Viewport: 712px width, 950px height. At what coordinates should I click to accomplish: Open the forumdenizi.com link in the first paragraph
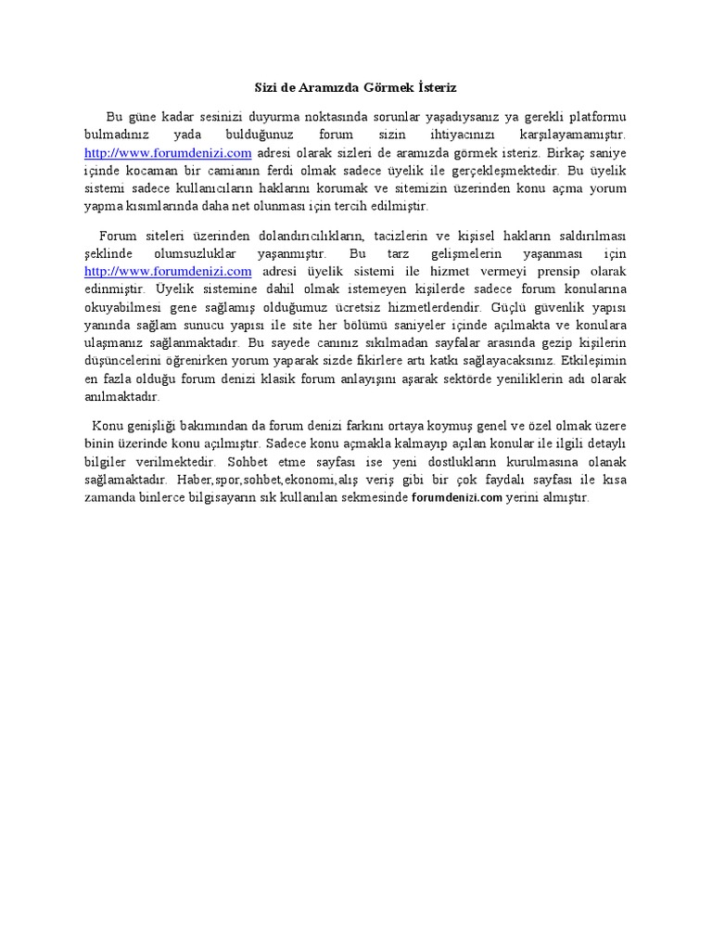coord(168,153)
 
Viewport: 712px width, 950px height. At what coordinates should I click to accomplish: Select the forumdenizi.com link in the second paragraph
coord(168,272)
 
